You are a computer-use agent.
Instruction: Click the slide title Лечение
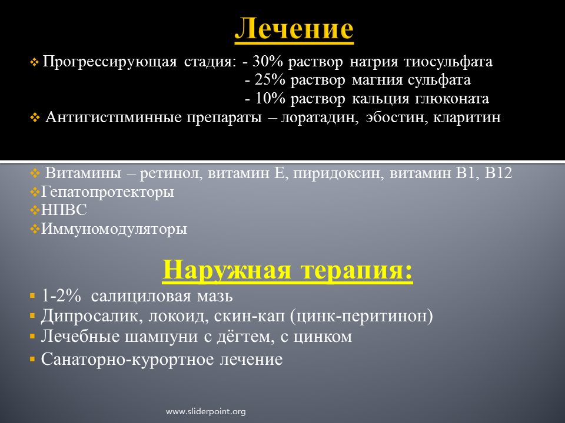294,28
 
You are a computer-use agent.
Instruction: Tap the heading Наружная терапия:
288,270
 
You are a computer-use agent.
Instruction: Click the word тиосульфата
448,62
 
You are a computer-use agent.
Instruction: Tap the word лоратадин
320,117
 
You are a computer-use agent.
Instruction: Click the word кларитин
467,117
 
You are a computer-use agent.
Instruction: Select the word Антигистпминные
114,117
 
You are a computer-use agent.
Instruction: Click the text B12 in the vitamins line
498,173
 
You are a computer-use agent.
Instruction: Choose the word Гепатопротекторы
107,192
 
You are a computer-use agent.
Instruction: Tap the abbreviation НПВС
64,210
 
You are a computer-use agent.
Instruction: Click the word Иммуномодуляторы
114,229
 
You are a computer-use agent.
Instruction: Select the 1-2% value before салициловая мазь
61,296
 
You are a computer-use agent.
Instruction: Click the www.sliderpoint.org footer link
206,411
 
